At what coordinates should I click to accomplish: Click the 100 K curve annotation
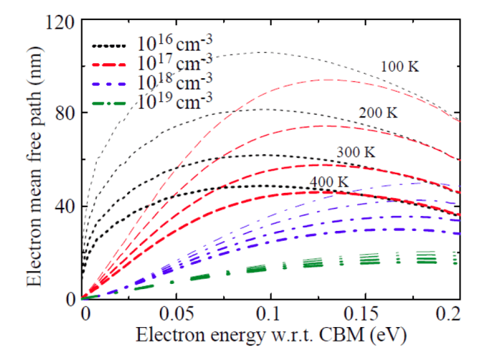[400, 66]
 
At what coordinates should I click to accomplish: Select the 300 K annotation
[355, 153]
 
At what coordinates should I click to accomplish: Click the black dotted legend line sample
[110, 46]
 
